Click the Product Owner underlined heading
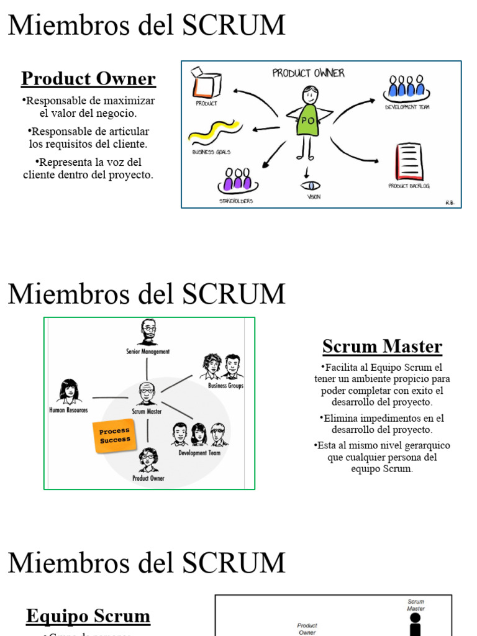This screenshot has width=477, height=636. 88,79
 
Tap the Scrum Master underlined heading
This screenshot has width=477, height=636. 382,347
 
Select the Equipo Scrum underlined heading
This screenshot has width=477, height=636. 88,616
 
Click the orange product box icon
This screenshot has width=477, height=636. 206,84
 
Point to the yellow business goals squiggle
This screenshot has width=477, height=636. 215,132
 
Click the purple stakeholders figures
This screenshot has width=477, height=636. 238,180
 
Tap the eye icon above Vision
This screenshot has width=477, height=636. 310,186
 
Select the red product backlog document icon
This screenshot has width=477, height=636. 409,161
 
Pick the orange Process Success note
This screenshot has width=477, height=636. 115,435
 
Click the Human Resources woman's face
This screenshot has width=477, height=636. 69,391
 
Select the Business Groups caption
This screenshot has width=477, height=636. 225,386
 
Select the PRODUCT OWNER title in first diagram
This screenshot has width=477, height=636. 308,73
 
